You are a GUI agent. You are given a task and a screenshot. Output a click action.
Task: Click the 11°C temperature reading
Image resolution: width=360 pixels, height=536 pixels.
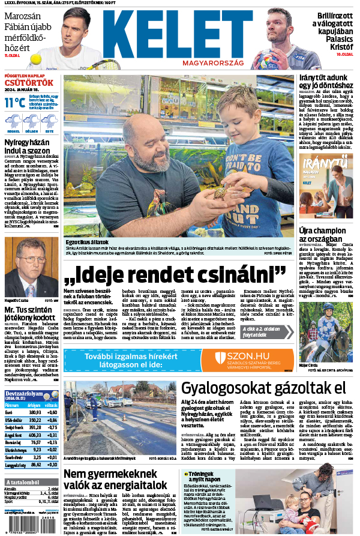[15, 103]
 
